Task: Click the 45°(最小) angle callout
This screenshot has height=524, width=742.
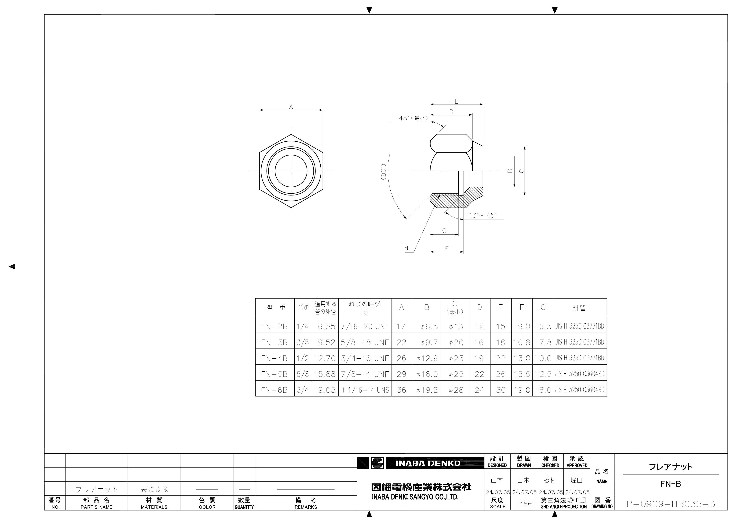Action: [x=413, y=118]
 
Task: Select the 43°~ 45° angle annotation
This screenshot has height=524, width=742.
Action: [x=482, y=215]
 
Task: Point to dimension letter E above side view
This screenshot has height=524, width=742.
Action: [x=456, y=101]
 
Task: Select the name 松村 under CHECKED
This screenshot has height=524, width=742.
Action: [x=550, y=481]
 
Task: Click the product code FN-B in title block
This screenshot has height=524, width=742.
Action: [x=671, y=484]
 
